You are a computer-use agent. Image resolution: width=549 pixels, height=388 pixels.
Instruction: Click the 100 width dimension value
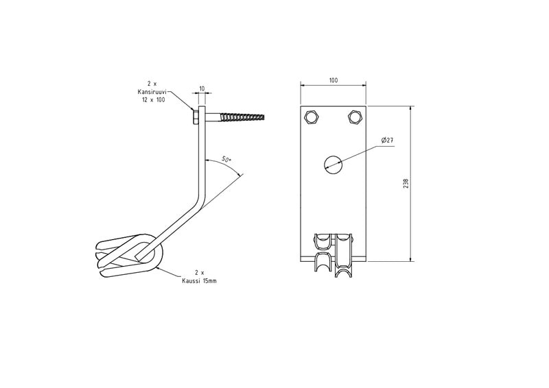coord(334,80)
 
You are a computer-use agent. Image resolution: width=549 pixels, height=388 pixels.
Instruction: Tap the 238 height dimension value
coord(406,184)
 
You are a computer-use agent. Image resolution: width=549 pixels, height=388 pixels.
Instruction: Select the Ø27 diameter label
coord(388,141)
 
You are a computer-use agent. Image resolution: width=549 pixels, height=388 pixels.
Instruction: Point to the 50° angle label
coord(226,159)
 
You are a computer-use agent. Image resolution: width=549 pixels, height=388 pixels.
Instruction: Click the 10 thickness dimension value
coord(202,89)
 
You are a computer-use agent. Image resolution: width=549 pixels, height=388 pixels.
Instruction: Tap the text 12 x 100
coord(152,99)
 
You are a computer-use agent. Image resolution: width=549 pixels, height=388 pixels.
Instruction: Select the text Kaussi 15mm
coord(199,281)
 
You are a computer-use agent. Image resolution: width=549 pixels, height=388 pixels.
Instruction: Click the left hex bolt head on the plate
coord(311,117)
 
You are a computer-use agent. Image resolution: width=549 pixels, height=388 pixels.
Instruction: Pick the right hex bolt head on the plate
coord(355,117)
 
